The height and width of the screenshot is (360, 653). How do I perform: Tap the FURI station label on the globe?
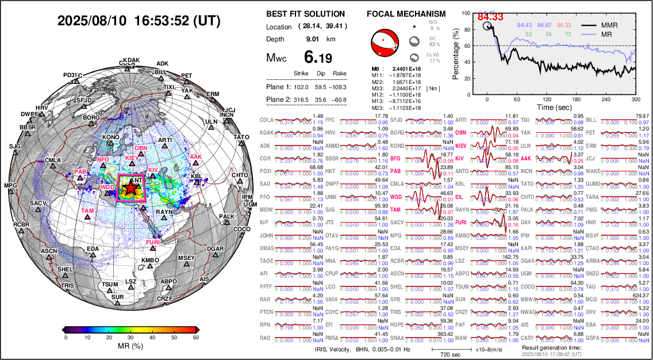[x=152, y=243]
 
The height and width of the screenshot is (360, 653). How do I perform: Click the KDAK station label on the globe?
[x=131, y=60]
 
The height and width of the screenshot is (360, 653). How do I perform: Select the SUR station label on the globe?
[x=117, y=297]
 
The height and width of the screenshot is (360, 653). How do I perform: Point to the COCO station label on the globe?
[x=242, y=229]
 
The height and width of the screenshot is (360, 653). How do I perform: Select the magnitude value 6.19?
[x=318, y=58]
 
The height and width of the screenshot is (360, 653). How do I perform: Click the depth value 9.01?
[x=313, y=39]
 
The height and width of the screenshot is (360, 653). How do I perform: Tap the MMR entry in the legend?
[x=609, y=26]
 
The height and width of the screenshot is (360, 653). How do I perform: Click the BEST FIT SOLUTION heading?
[x=306, y=14]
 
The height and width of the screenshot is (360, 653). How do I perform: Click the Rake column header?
[x=340, y=74]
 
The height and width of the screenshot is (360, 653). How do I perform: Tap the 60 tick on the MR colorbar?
[x=195, y=337]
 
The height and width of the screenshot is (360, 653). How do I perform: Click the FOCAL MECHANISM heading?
[x=406, y=14]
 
